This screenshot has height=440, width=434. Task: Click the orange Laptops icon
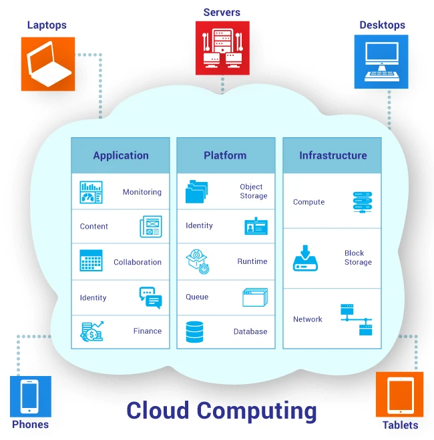pos(49,63)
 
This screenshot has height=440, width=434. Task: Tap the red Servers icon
pos(222,47)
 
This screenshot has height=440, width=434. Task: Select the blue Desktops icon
pos(381,61)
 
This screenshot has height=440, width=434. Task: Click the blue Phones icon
pos(31,397)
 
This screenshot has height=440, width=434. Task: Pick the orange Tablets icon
pos(399,395)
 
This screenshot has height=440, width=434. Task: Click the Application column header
pos(121,155)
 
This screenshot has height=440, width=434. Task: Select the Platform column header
pos(225,155)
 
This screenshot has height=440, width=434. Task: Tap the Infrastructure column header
pos(333,155)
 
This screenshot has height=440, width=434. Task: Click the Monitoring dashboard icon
pos(91,192)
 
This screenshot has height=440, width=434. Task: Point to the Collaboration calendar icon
pos(91,261)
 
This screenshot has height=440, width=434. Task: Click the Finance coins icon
pos(91,331)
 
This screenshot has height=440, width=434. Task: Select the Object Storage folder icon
pos(198,192)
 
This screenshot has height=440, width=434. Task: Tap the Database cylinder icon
pos(194,331)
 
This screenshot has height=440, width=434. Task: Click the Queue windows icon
pos(255,297)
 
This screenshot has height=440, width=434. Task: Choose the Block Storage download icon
pos(305,258)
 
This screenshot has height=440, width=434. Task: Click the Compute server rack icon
pos(361,202)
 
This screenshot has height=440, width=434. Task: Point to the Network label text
pos(308,319)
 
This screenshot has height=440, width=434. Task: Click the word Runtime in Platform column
pos(252,262)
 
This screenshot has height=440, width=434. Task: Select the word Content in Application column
pos(94,226)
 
